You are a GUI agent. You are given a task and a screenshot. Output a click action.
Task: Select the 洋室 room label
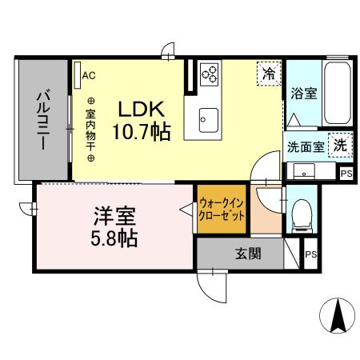[116, 216]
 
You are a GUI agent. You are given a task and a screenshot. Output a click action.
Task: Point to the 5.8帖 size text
[116, 238]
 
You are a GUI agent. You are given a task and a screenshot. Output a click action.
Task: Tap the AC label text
[89, 76]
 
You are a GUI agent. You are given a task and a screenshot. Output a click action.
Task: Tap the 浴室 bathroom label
[303, 93]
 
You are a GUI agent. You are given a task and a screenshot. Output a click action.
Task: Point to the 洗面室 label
[306, 147]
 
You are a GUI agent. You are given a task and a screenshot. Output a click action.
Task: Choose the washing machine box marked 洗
[340, 146]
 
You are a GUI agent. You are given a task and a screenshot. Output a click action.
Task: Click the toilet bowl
[302, 213]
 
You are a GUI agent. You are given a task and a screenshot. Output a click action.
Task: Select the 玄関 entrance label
[248, 255]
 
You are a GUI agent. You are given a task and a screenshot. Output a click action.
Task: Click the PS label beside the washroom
[346, 173]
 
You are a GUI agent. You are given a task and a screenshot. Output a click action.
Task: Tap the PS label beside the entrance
[311, 256]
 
